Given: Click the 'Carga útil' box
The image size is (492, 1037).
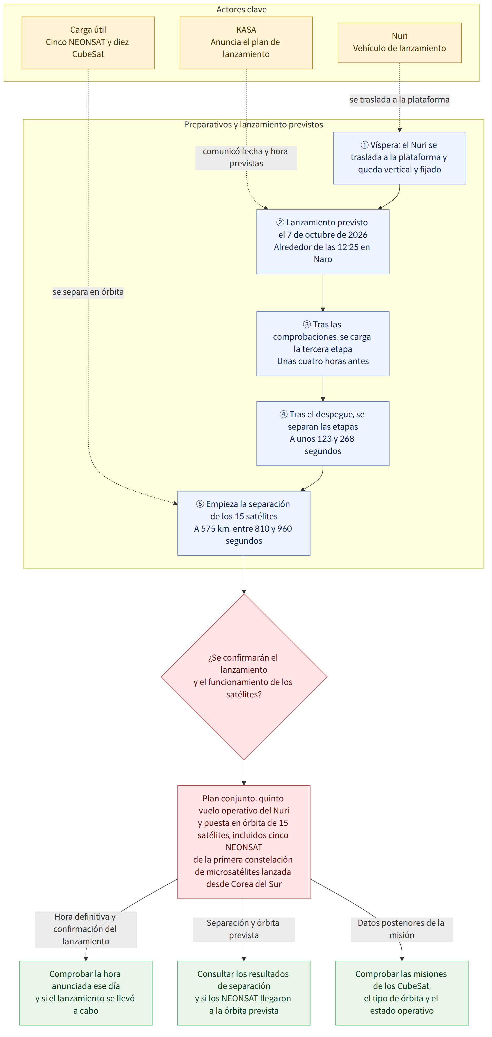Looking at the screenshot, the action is point(88,43).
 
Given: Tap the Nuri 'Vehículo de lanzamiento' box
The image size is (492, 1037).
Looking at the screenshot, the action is point(400,43).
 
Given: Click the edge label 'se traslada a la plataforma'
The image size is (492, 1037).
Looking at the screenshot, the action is point(400,100).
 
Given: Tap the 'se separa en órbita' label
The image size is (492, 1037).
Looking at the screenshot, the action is point(88,292).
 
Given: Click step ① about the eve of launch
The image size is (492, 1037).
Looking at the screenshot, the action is point(400,158).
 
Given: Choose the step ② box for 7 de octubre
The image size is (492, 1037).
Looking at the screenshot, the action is point(323,242).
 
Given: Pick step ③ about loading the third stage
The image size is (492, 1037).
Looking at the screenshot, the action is point(323,343).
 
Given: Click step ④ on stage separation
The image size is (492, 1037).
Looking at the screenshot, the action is point(323,433).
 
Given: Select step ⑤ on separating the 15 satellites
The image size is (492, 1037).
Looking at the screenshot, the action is point(244,523).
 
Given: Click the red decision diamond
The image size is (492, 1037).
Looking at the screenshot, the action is point(244,677).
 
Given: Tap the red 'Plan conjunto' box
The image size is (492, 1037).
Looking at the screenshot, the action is point(244,842).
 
